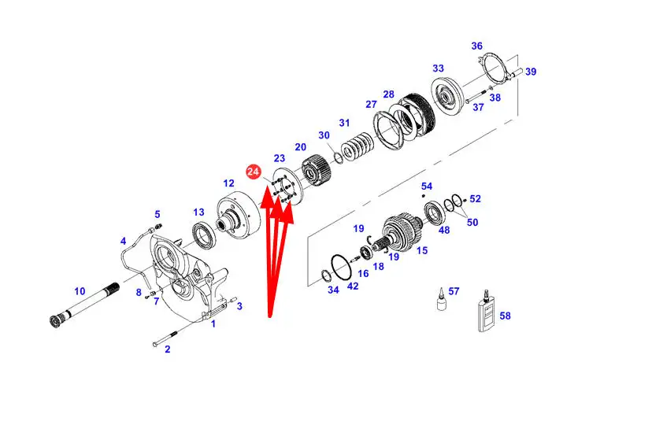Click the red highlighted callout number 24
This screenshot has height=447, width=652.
click(x=253, y=172)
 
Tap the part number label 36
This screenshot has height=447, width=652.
click(x=476, y=46)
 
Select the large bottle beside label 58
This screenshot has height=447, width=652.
click(x=486, y=312)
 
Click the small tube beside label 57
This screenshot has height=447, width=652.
click(x=442, y=299)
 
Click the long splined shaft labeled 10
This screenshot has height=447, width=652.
click(x=85, y=302)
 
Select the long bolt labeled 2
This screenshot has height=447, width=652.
click(x=165, y=337)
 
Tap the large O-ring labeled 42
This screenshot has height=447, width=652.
click(x=342, y=268)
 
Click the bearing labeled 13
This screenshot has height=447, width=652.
click(x=204, y=235)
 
